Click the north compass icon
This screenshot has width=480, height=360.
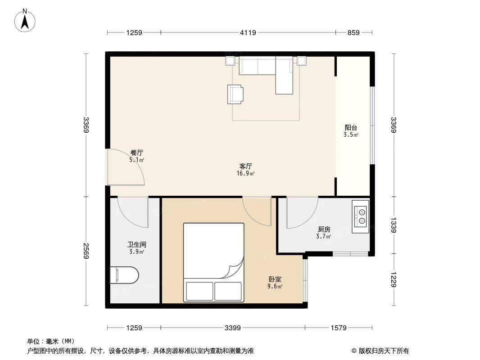[x=26, y=20]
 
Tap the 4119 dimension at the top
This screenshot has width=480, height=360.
[x=248, y=32]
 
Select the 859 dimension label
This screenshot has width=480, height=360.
[x=353, y=32]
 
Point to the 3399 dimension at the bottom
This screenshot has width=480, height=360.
[x=232, y=328]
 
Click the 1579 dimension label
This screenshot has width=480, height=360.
[x=339, y=328]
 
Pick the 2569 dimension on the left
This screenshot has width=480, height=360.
[x=86, y=252]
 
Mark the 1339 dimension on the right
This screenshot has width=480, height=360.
[x=394, y=225]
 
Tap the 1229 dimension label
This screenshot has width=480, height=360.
[x=394, y=280]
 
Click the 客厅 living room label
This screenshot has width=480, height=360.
[x=245, y=166]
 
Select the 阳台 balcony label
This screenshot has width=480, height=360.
[x=351, y=127]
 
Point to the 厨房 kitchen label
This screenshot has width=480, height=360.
[x=324, y=229]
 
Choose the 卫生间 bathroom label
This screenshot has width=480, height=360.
[x=136, y=245]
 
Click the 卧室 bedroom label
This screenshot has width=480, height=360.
[x=275, y=279]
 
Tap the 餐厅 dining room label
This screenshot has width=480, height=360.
[x=137, y=153]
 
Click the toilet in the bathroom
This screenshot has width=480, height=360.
[x=124, y=275]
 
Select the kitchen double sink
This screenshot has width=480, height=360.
[x=361, y=216]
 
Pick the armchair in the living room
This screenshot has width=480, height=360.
[x=235, y=94]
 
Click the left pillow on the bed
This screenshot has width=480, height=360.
[x=199, y=291]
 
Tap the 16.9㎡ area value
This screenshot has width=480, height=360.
[x=245, y=173]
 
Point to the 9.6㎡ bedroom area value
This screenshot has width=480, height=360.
[x=275, y=286]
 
